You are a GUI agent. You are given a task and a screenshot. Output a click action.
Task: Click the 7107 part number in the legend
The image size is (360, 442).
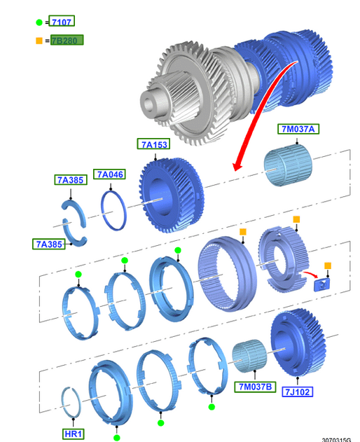62,22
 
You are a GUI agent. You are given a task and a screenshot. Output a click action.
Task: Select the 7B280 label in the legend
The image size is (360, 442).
67,40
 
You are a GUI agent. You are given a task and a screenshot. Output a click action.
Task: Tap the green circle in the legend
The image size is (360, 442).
39,22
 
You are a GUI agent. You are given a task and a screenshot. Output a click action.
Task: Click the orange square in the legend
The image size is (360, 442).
39,41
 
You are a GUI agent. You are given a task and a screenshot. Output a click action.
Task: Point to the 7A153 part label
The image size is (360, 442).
154,144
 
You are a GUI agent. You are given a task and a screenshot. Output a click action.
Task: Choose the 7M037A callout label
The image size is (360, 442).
298,129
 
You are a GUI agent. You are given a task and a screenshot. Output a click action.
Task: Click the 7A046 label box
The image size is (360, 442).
110,174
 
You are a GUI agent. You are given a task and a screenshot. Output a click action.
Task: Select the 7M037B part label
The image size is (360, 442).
255,387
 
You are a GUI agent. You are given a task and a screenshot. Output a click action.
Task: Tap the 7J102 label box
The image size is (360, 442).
298,392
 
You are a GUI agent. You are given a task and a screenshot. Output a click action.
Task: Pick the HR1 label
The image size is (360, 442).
74,434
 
